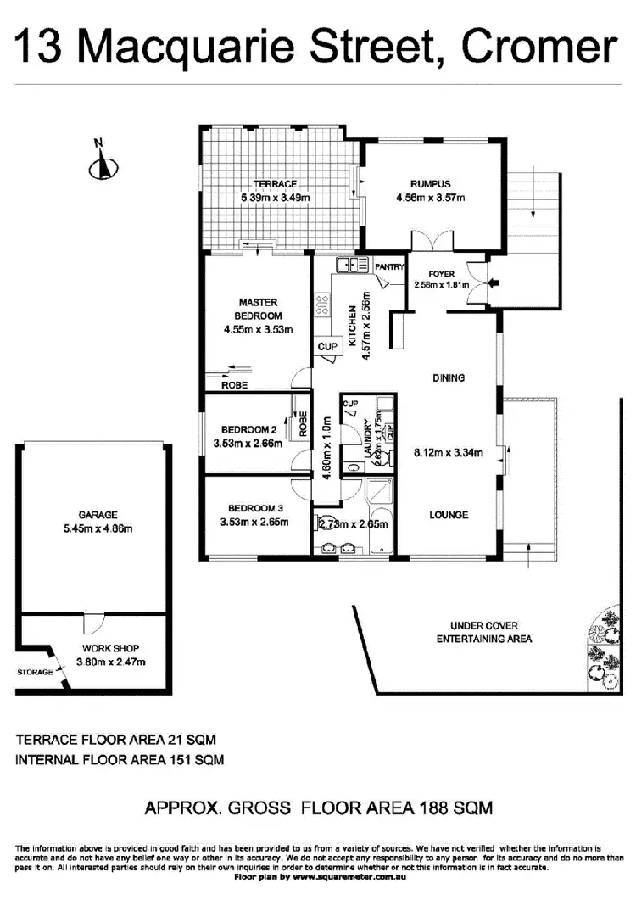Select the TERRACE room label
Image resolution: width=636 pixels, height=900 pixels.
(x=275, y=184)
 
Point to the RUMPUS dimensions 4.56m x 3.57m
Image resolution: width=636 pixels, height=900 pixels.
(x=431, y=198)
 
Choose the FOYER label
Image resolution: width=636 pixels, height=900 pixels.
(x=442, y=273)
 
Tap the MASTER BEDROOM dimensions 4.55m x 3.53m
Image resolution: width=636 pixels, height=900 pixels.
(x=258, y=330)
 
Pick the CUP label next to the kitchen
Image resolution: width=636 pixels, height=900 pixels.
(x=326, y=346)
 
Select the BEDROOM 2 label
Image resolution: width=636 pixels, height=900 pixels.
(x=243, y=429)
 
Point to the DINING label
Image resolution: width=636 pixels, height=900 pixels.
(x=448, y=377)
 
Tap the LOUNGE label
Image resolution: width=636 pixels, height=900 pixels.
(x=448, y=515)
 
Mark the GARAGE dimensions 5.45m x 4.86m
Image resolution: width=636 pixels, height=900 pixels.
(x=98, y=528)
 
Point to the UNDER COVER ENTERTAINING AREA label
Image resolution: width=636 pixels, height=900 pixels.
(x=483, y=632)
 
